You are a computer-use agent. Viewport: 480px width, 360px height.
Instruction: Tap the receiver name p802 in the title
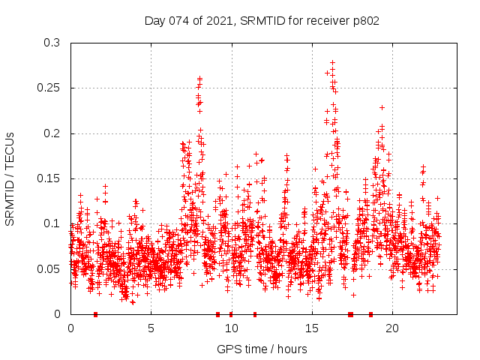pos(364,21)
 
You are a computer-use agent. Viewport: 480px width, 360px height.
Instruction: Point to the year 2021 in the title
pos(220,21)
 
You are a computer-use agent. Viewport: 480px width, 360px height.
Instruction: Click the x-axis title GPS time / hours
pos(262,349)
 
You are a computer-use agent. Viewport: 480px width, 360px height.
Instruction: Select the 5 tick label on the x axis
pos(151,328)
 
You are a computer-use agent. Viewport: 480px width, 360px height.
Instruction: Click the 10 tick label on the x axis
pos(231,328)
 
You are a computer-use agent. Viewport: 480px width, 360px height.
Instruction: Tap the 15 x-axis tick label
pos(312,328)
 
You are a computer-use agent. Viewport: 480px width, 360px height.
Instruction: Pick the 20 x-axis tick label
pos(392,328)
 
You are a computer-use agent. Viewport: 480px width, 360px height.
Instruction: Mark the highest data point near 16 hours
pos(332,63)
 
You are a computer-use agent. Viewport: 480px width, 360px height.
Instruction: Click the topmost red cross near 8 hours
pos(200,78)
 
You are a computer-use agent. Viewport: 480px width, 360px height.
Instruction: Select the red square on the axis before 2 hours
pos(95,314)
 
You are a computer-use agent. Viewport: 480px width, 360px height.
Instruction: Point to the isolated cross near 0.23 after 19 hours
pos(382,107)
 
